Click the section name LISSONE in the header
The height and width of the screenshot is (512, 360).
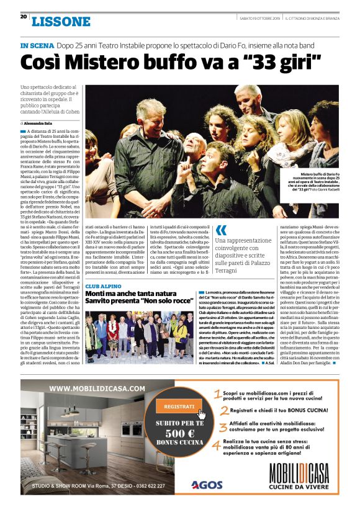coord(61,21)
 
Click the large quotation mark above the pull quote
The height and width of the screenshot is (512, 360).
coord(220,231)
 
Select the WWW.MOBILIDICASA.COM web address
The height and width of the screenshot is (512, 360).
coord(98,389)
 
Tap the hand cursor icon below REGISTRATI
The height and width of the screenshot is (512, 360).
coord(201,415)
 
